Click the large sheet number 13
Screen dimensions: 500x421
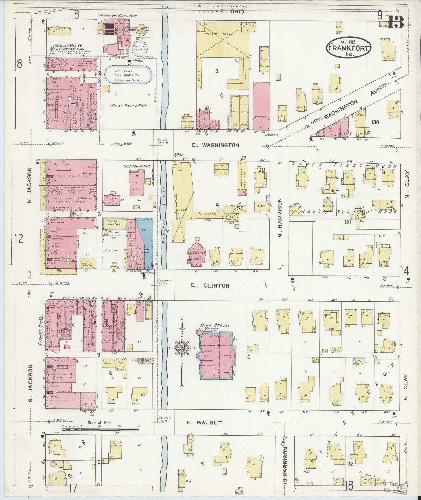pyautogui.click(x=395, y=22)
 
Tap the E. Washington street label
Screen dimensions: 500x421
pyautogui.click(x=215, y=145)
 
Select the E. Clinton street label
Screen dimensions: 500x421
pyautogui.click(x=210, y=285)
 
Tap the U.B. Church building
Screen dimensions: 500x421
pyautogui.click(x=196, y=255)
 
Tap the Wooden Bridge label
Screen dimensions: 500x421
pyautogui.click(x=164, y=141)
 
